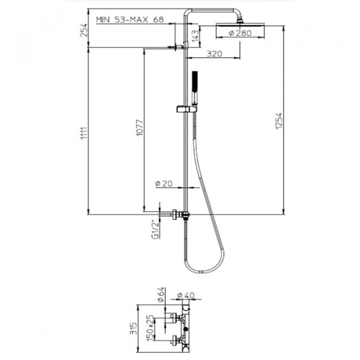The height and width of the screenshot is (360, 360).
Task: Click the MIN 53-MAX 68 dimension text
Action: (x=130, y=20)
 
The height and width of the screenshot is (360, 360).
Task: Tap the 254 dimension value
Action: (x=84, y=30)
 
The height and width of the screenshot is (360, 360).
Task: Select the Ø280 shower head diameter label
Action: (x=241, y=33)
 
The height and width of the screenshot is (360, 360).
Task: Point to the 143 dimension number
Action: (x=195, y=36)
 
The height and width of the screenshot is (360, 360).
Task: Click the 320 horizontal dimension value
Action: (x=214, y=54)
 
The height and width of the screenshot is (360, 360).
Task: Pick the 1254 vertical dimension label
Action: (x=279, y=121)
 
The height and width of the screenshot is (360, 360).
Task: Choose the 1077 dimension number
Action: (x=139, y=127)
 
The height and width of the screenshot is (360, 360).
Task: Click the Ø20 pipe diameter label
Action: (x=164, y=184)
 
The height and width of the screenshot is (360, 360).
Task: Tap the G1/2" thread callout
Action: (x=155, y=230)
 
